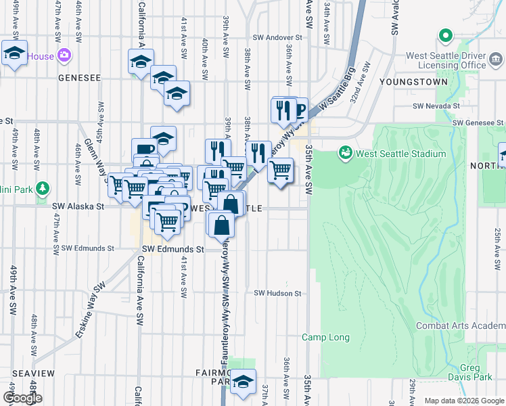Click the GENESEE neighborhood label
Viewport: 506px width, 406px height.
click(79, 78)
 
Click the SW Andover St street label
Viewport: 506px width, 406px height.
click(277, 38)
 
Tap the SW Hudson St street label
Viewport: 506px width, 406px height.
click(277, 293)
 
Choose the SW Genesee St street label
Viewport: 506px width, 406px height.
click(478, 122)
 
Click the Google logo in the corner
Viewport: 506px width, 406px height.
click(22, 398)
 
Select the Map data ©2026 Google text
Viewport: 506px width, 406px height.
click(464, 401)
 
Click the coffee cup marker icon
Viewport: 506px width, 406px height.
click(143, 149)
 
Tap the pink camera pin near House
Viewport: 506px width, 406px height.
click(65, 56)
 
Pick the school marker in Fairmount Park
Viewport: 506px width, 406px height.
click(243, 382)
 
